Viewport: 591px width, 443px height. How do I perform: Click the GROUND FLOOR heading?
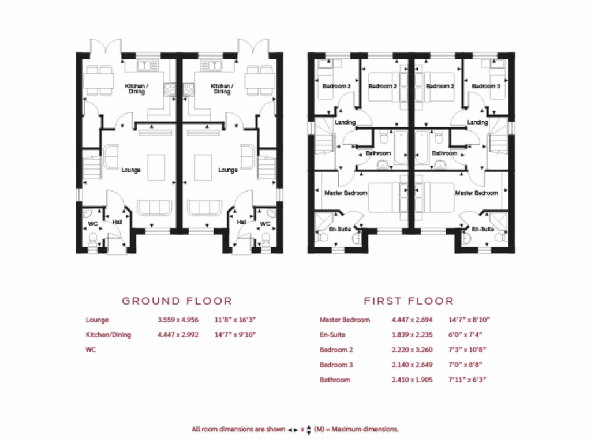pyautogui.click(x=177, y=301)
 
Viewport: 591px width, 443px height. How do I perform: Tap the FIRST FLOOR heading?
pyautogui.click(x=409, y=301)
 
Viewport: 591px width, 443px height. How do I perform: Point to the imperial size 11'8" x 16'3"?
pyautogui.click(x=235, y=320)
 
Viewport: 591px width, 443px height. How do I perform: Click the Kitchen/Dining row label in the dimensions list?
pyautogui.click(x=109, y=335)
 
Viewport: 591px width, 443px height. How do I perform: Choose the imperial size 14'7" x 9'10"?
pyautogui.click(x=235, y=335)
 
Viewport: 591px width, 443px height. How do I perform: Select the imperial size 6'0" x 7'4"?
pyautogui.click(x=465, y=335)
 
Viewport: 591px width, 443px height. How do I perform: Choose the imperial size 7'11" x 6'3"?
pyautogui.click(x=467, y=380)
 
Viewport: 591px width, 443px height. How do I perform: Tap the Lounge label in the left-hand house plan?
pyautogui.click(x=131, y=170)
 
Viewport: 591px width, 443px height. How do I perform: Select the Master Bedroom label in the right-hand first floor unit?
pyautogui.click(x=476, y=193)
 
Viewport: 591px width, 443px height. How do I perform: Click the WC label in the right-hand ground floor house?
pyautogui.click(x=265, y=223)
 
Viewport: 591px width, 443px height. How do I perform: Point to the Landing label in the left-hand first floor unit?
pyautogui.click(x=345, y=122)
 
